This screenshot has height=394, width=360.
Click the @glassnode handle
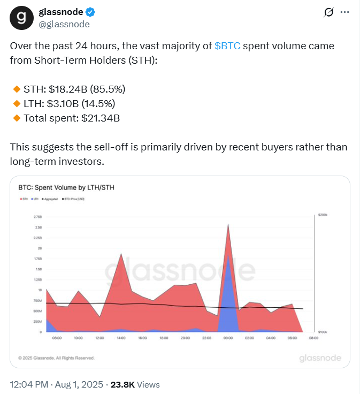(x=64, y=24)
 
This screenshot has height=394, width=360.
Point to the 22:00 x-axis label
(x=207, y=338)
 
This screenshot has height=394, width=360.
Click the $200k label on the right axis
(x=322, y=214)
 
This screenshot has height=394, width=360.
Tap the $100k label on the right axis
(x=322, y=332)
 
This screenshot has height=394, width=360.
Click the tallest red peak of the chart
(x=229, y=225)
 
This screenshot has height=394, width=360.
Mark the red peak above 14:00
(x=121, y=254)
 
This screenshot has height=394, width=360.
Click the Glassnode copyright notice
(x=56, y=358)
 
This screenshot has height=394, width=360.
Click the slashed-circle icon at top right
(x=330, y=13)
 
